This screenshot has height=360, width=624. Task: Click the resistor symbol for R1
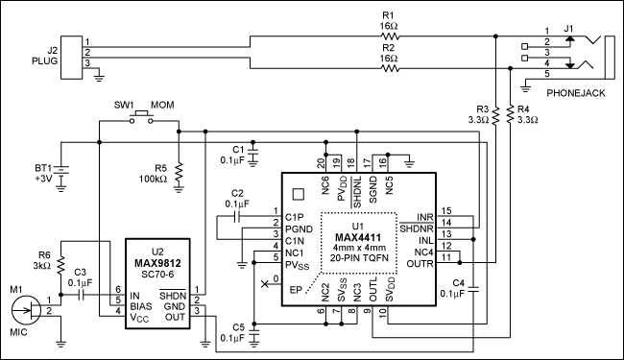pos(390,36)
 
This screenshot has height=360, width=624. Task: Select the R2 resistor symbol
pos(390,68)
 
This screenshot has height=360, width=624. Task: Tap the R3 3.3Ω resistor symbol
pos(495,116)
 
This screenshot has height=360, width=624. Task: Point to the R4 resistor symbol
pos(510,115)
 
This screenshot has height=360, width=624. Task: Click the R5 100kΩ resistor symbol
pos(179,172)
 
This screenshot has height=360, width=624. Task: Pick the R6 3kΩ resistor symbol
pos(60,265)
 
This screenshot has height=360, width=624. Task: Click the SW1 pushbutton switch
pos(141,118)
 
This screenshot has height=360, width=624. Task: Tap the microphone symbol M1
pos(26,310)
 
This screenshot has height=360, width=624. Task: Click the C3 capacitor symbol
pos(82,295)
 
